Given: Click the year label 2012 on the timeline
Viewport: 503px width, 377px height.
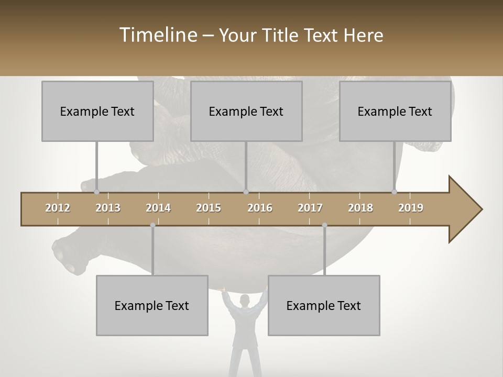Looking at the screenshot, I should coord(58,208).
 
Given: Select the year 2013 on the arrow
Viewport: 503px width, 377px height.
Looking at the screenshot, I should coord(108,208).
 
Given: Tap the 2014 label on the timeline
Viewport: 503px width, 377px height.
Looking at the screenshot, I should coord(158,208).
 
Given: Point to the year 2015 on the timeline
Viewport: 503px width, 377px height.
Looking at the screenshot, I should coord(209,208).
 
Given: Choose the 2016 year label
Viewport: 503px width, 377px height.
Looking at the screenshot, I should coord(260,208).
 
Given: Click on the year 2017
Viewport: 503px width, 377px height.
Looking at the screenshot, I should coord(310,208).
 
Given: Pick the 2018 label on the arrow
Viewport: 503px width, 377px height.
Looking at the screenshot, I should coord(360,208).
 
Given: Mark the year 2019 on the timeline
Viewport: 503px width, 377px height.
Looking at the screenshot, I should coord(411,208).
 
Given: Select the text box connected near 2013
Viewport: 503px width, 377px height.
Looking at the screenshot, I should coord(97,111).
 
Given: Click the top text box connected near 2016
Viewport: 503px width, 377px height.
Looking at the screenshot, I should coord(246,111).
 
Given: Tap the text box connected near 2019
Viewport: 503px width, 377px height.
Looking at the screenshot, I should coord(395,111).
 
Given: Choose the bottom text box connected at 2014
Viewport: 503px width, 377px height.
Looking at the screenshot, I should coord(152,305).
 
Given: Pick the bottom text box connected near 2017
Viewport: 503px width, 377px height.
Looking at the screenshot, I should coord(324,305).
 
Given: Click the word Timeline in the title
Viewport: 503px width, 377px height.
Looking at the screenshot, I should coord(158,35).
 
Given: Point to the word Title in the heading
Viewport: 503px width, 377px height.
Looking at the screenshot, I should coord(282,36).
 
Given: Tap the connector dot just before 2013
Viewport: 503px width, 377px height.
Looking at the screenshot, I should coord(96,192).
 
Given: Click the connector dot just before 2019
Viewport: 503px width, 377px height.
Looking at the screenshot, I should coord(394,192).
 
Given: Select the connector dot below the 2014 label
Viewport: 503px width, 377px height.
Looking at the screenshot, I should coord(152,225).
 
